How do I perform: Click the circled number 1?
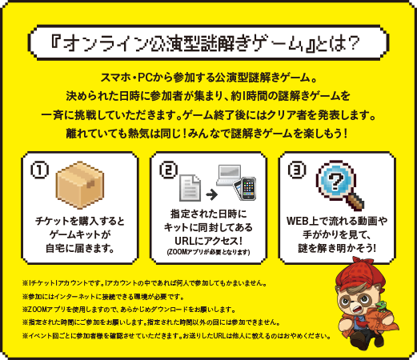[x=39, y=170]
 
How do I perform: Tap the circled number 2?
[x=168, y=170]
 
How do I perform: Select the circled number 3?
[x=297, y=170]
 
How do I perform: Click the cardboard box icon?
[x=80, y=185]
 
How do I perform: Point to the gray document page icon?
[x=190, y=188]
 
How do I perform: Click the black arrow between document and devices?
[x=212, y=194]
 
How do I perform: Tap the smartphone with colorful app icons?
[x=249, y=189]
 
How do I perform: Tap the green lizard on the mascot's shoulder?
[x=382, y=306]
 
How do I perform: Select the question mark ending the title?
[x=353, y=43]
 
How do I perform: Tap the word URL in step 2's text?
[x=185, y=241]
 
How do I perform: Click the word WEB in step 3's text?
[x=298, y=221]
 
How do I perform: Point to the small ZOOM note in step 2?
[x=208, y=252]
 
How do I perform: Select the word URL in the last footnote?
[x=219, y=336]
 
